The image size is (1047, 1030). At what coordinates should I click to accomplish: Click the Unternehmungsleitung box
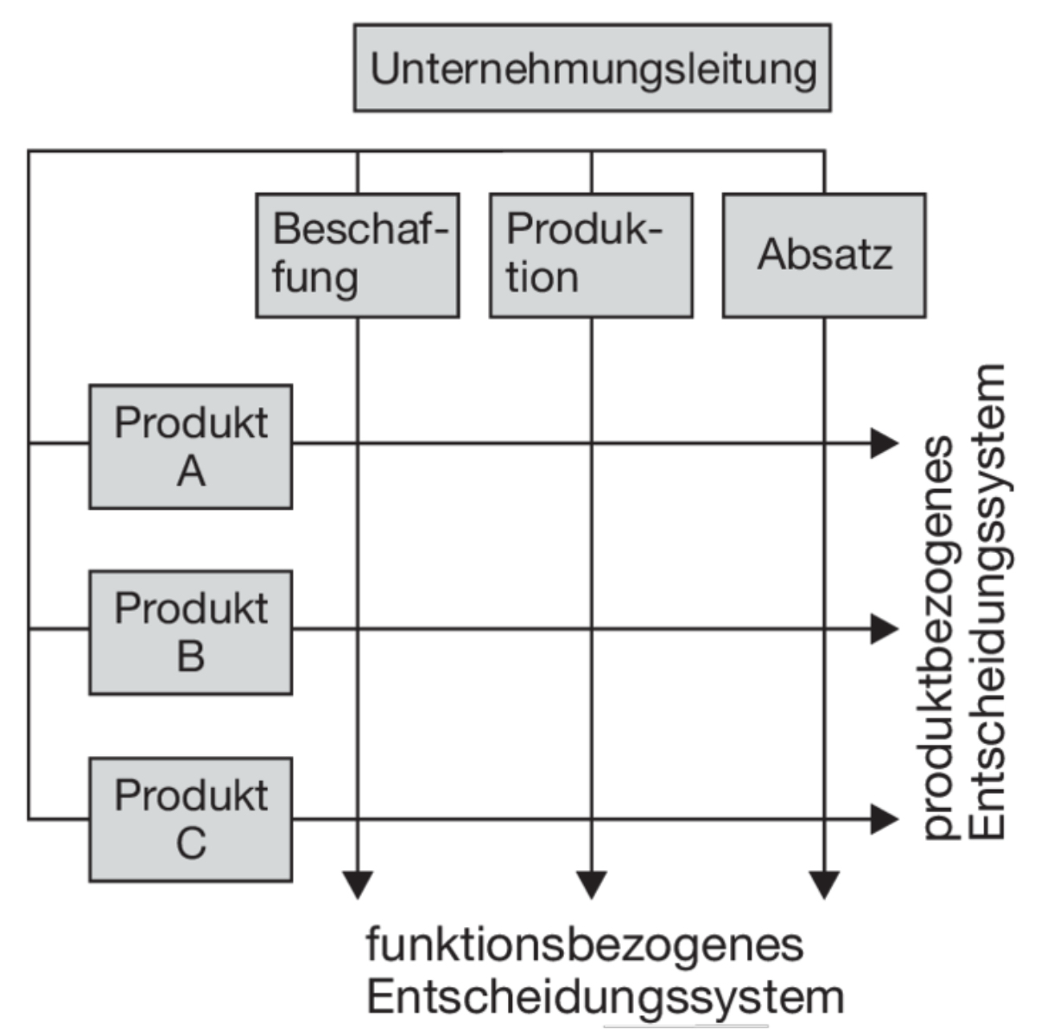[592, 68]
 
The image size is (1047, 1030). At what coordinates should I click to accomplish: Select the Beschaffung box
[357, 255]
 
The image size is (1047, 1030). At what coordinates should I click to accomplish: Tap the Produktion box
[591, 255]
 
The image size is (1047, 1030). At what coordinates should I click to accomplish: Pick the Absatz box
[823, 255]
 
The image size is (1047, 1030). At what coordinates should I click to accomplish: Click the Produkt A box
[191, 446]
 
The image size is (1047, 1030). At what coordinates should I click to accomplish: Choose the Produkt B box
[191, 632]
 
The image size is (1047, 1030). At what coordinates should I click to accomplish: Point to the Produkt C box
[191, 819]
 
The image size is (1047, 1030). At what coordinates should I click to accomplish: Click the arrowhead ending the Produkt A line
[884, 443]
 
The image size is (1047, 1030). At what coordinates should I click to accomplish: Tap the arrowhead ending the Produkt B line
[884, 629]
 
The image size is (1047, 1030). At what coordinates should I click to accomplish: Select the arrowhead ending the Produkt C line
[884, 818]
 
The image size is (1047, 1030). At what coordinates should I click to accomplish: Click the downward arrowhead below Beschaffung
[358, 885]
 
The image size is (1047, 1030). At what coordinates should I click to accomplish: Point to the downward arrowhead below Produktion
[592, 885]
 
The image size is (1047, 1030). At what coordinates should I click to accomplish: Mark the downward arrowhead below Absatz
[824, 885]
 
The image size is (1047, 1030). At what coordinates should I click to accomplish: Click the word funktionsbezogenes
[585, 944]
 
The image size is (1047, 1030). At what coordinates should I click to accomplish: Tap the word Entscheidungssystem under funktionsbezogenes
[605, 996]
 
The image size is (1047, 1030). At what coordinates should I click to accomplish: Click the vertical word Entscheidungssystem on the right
[987, 601]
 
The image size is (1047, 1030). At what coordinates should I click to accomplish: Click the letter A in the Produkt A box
[191, 472]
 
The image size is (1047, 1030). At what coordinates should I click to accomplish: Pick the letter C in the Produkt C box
[191, 843]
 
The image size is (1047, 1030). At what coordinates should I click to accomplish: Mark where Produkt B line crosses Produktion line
[592, 629]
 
